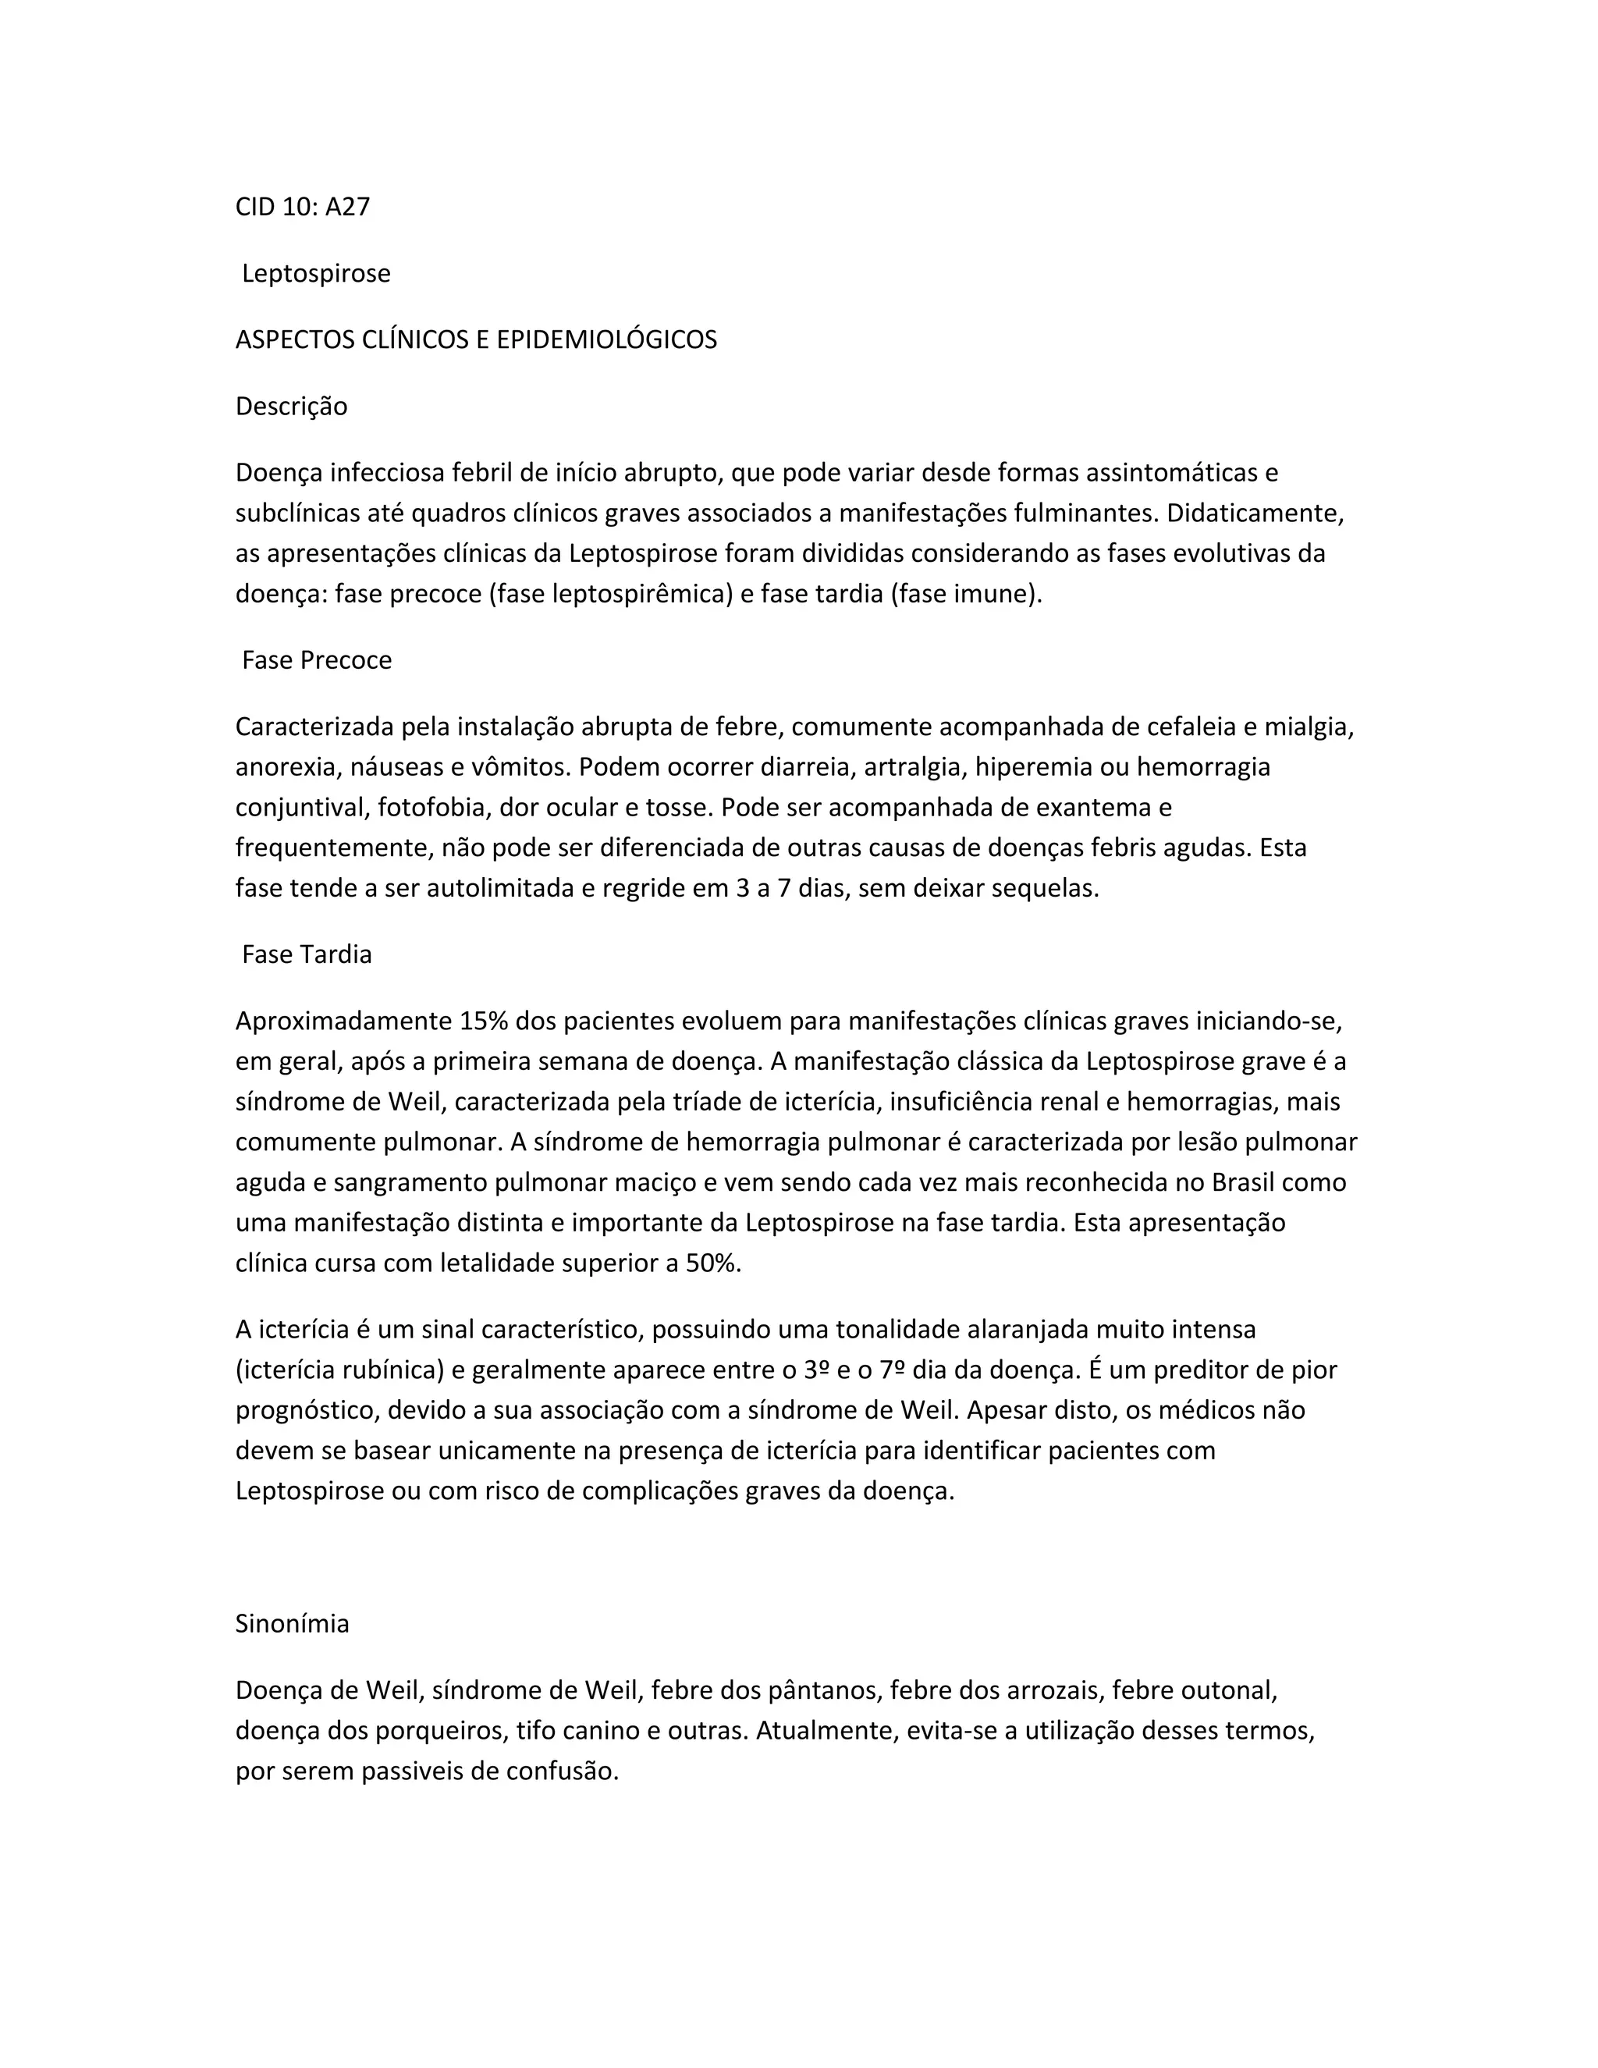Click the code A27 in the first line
[x=347, y=207]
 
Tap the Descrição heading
[x=292, y=407]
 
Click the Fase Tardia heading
[x=307, y=954]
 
